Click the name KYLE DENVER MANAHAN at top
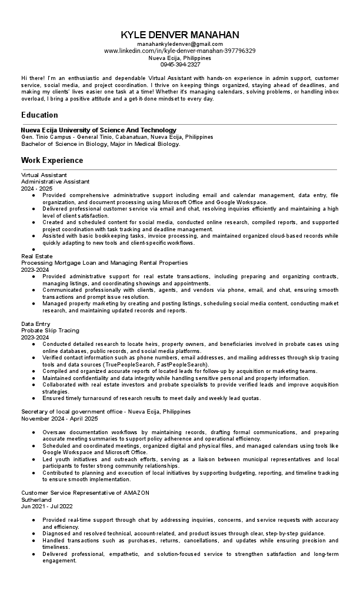[x=179, y=35]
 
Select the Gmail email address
[x=179, y=44]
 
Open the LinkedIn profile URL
[x=179, y=51]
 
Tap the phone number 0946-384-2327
[x=179, y=65]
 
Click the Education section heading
[x=39, y=115]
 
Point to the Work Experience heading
[x=52, y=160]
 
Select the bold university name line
[x=98, y=130]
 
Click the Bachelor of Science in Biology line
[x=101, y=143]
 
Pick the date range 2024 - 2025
[x=36, y=188]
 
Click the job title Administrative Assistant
[x=55, y=182]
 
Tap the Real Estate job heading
[x=36, y=256]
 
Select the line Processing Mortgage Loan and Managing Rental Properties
[x=104, y=262]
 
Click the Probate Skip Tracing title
[x=50, y=331]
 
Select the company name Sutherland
[x=36, y=499]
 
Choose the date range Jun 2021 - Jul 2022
[x=47, y=505]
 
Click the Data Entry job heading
[x=35, y=324]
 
